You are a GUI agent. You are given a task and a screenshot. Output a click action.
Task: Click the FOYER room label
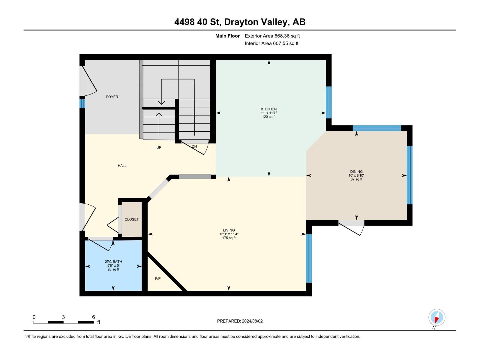[x=112, y=97]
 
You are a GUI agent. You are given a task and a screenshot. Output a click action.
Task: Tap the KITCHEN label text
[x=268, y=109]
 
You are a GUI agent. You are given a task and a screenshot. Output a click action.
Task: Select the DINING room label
[x=356, y=172]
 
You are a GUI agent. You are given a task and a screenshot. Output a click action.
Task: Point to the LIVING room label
[x=229, y=230]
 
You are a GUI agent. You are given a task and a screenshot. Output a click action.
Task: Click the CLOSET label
[x=132, y=219]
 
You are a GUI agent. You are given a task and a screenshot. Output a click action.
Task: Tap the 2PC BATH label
[x=113, y=262]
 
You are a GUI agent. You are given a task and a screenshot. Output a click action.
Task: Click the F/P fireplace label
[x=158, y=278]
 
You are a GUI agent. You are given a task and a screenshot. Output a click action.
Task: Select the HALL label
[x=122, y=166]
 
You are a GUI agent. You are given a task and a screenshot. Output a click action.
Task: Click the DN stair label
[x=194, y=146]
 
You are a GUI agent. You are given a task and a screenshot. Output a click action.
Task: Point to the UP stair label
[x=159, y=147]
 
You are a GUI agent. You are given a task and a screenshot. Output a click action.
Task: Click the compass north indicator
[x=437, y=317]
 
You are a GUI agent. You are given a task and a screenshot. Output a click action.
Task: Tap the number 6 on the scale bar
[x=94, y=317]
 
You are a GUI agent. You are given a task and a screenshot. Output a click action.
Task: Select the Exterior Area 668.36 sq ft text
[x=272, y=36]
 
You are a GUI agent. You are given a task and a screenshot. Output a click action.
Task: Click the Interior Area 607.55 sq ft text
[x=271, y=43]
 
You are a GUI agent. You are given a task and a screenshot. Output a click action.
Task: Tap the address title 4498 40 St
[x=198, y=22]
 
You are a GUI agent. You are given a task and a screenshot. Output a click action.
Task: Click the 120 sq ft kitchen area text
[x=268, y=117]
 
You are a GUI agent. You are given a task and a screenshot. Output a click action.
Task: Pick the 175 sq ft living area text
[x=229, y=238]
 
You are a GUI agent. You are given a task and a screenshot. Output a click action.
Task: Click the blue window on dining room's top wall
[x=377, y=128]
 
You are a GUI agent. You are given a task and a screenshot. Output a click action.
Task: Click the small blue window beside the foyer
[x=82, y=103]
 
